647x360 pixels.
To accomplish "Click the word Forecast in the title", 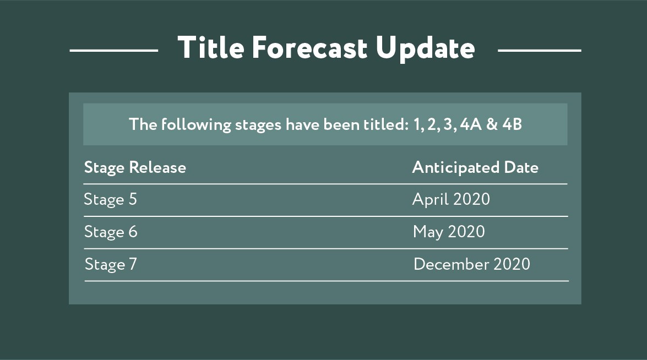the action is pos(309,47).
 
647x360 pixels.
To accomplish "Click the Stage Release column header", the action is pos(135,167).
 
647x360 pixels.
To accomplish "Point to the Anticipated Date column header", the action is pos(475,167).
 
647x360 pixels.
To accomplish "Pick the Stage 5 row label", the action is pos(110,200).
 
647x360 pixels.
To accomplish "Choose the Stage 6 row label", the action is pos(111,232).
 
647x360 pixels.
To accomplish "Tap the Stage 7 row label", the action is pos(111,264).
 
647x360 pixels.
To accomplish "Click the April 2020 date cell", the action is pos(451,200).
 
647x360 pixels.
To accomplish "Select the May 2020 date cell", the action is pos(449,232).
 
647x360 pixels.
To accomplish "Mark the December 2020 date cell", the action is pos(472,264).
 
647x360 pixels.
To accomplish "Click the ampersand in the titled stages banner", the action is pos(492,124).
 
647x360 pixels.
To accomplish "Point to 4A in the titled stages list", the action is pos(471,124).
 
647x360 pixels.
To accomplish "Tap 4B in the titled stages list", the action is pos(512,124).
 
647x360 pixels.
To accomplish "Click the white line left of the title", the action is pos(114,50).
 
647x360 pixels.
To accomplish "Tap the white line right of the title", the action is pos(539,50).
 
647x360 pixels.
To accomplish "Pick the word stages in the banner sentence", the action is pos(258,126).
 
